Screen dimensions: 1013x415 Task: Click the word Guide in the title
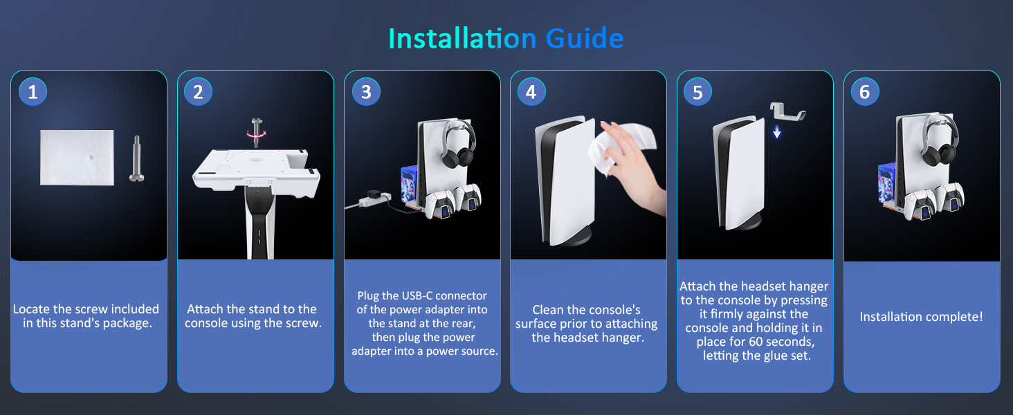pyautogui.click(x=584, y=39)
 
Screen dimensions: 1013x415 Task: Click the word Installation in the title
pyautogui.click(x=462, y=39)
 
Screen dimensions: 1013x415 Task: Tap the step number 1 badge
pyautogui.click(x=33, y=92)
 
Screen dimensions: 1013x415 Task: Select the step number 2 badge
pyautogui.click(x=198, y=92)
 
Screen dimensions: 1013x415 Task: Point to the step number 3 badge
pyautogui.click(x=366, y=92)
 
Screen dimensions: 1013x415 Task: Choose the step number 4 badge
pyautogui.click(x=531, y=92)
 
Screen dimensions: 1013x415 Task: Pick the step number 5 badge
pyautogui.click(x=697, y=92)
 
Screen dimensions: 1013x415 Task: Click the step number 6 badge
pyautogui.click(x=865, y=92)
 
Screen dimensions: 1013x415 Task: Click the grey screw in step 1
pyautogui.click(x=136, y=158)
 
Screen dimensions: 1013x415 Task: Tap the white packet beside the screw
pyautogui.click(x=77, y=157)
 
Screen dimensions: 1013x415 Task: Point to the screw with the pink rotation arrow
pyautogui.click(x=257, y=133)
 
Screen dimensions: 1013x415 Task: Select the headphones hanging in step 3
pyautogui.click(x=457, y=145)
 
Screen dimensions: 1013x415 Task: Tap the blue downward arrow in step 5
pyautogui.click(x=776, y=132)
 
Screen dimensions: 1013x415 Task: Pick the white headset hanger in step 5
pyautogui.click(x=787, y=113)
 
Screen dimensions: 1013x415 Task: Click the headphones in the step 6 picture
pyautogui.click(x=940, y=140)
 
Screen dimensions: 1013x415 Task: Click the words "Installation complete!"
pyautogui.click(x=921, y=317)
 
